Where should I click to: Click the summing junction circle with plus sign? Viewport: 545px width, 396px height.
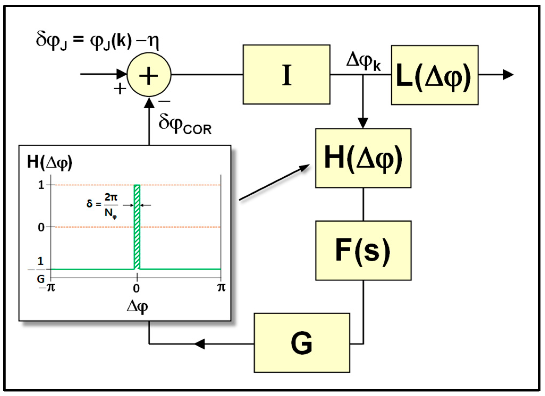(149, 75)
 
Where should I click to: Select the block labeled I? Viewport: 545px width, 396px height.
(286, 75)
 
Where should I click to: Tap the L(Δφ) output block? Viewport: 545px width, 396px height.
(434, 75)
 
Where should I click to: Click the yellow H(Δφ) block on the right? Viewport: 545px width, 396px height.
(363, 158)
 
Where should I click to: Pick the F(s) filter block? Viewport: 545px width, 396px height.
(363, 250)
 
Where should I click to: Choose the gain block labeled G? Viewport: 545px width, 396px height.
(302, 343)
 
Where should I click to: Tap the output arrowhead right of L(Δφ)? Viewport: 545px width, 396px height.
(508, 75)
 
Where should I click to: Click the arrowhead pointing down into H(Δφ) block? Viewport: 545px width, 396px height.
(363, 123)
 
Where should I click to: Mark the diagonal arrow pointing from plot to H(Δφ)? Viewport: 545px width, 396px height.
(274, 182)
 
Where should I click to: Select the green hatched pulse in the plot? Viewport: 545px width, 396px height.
(137, 227)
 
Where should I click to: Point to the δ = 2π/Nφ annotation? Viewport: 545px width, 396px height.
(102, 205)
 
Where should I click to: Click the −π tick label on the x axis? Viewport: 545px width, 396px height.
(47, 288)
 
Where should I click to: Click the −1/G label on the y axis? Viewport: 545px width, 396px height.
(39, 270)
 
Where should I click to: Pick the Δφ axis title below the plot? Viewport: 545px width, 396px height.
(137, 306)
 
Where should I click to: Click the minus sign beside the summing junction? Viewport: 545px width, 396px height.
(164, 101)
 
